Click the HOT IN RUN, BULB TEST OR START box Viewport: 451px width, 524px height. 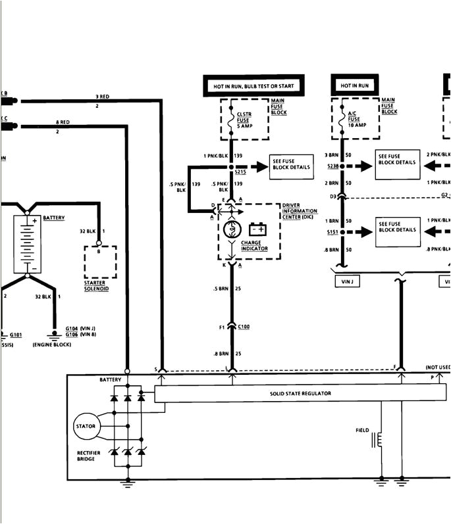(253, 85)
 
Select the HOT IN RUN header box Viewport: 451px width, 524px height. (354, 85)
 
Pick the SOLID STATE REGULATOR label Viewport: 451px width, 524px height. (300, 394)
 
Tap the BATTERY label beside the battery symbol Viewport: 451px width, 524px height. (53, 218)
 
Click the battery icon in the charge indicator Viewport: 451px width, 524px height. (257, 229)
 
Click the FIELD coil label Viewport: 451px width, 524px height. (363, 431)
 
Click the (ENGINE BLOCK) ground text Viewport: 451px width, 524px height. (51, 344)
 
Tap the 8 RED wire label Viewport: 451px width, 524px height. (63, 123)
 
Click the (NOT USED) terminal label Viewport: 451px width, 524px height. (437, 368)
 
